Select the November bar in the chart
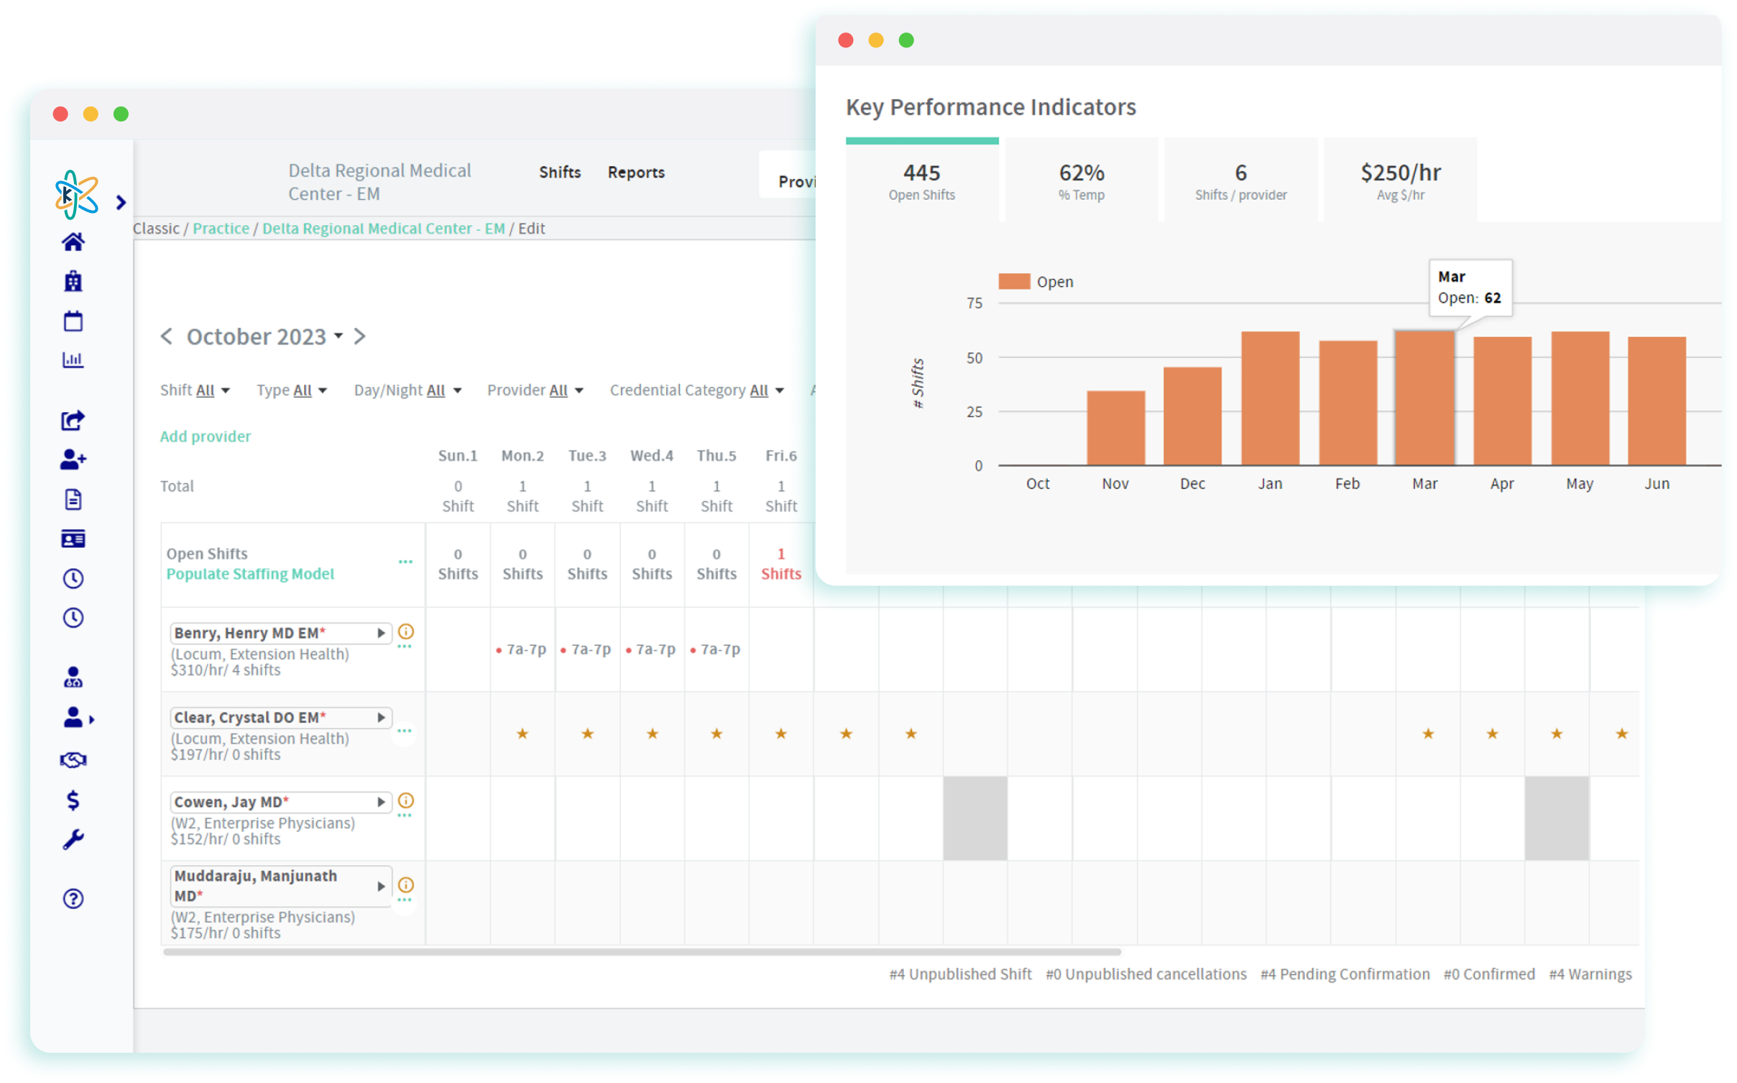(x=1115, y=428)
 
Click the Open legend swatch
(x=1014, y=281)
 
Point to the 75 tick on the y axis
(x=975, y=303)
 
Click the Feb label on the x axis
(x=1347, y=484)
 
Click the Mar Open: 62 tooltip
(x=1470, y=288)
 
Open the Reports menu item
(x=636, y=173)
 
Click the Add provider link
(x=206, y=437)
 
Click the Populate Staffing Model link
(x=250, y=574)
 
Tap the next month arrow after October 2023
(x=360, y=337)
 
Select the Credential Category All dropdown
(x=696, y=390)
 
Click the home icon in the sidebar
(x=73, y=242)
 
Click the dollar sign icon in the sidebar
(x=73, y=800)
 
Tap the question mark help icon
(x=73, y=898)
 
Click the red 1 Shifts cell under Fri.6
(x=781, y=564)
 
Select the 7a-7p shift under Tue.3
(x=587, y=649)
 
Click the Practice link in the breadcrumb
(x=221, y=229)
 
